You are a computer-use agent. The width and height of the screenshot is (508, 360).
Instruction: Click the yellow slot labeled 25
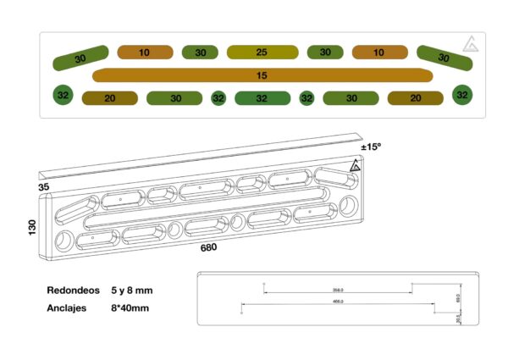tap(262, 53)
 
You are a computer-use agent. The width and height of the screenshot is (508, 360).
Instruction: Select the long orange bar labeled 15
tap(262, 75)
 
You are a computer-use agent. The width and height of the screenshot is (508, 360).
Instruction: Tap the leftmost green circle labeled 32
tap(63, 96)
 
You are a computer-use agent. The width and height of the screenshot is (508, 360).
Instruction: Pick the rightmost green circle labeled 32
tap(461, 95)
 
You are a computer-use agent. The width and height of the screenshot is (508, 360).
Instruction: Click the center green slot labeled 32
tap(262, 98)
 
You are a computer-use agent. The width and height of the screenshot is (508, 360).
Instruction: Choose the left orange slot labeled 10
tap(145, 53)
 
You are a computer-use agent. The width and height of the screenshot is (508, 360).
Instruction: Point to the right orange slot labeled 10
tap(378, 53)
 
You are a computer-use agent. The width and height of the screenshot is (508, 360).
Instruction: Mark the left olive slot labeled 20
tap(110, 98)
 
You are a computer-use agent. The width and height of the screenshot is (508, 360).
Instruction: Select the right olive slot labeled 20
tap(415, 98)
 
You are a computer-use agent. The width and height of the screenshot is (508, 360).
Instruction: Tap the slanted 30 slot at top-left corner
tap(80, 58)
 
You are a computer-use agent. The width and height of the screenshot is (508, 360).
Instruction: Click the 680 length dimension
tap(209, 248)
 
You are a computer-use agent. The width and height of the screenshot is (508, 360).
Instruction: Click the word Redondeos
tap(75, 291)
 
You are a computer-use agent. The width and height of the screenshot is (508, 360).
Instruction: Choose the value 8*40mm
tap(131, 308)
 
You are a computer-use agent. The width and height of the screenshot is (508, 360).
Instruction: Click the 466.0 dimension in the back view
tap(337, 302)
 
